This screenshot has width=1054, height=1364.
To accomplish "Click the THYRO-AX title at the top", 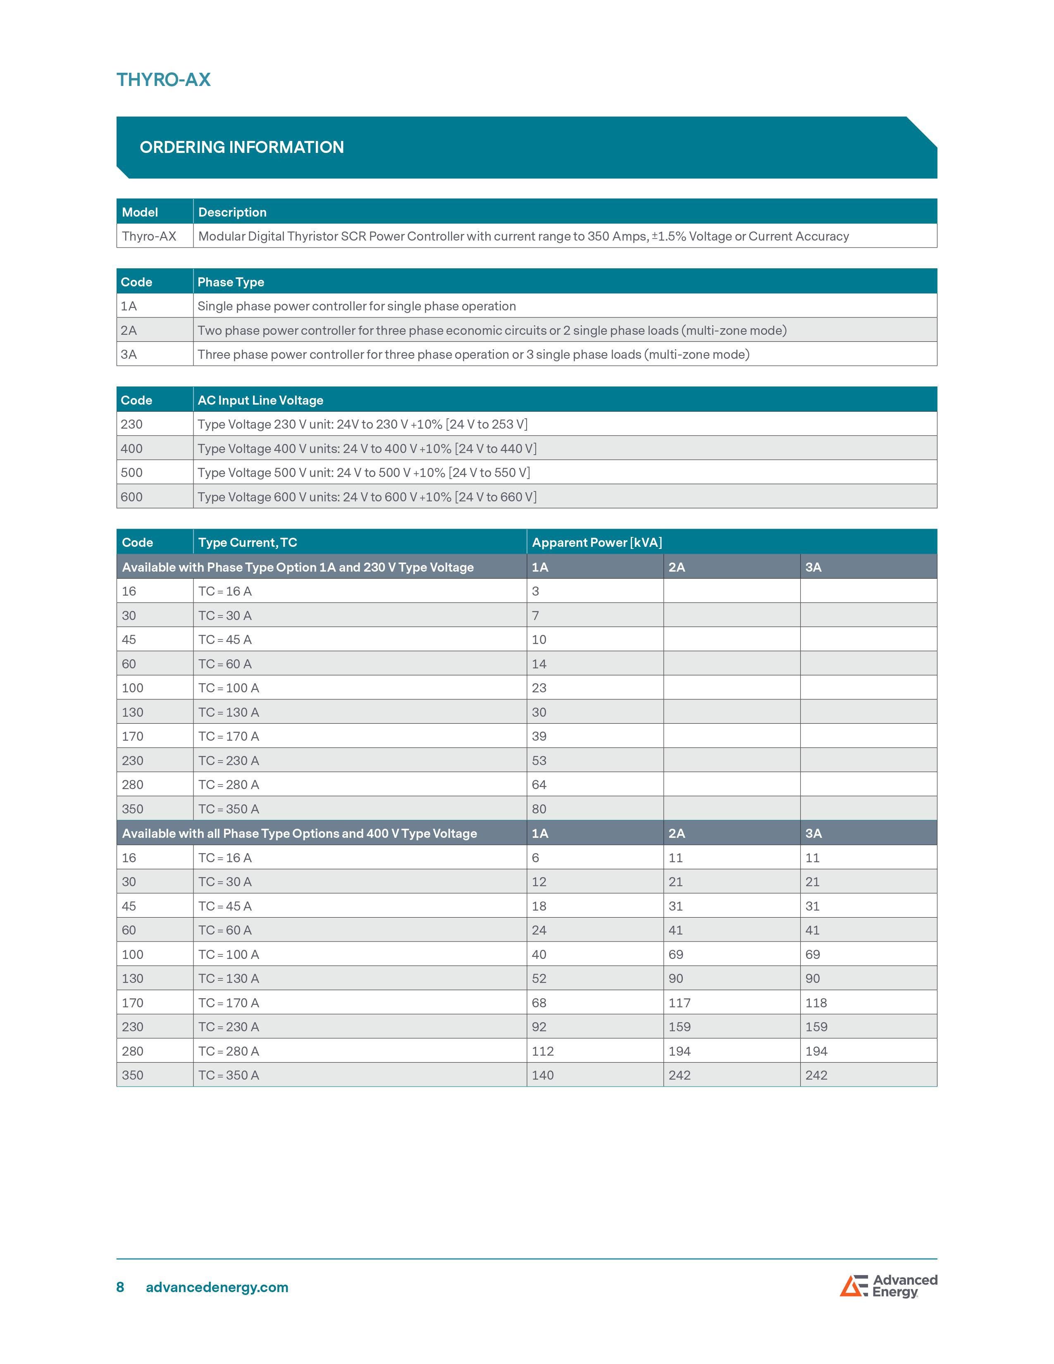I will click(x=164, y=80).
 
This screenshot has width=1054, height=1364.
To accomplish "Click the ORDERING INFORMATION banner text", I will click(x=242, y=148).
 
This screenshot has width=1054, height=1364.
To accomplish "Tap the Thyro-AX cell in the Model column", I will click(x=149, y=236).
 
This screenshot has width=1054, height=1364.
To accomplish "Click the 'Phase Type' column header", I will click(x=230, y=282).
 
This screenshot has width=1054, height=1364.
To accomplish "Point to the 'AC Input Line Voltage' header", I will click(x=260, y=401).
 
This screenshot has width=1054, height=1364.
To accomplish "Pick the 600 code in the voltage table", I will click(x=132, y=497).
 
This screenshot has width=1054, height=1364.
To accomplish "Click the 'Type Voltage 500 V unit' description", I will click(x=363, y=473).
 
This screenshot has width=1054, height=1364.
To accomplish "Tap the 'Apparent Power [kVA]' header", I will click(x=596, y=543).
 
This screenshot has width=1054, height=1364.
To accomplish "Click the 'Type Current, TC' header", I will click(x=247, y=543).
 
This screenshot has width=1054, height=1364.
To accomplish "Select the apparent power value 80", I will click(x=539, y=809).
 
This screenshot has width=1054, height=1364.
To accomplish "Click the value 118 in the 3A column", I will click(x=816, y=1003).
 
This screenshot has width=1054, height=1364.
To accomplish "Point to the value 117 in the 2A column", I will click(x=680, y=1003).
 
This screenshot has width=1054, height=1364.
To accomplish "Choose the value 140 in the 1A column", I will click(x=543, y=1075).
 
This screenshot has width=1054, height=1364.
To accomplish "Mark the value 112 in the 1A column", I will click(x=543, y=1052).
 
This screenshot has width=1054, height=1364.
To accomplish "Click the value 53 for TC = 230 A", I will click(x=539, y=761).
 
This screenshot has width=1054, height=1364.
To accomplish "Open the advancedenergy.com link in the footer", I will click(x=217, y=1287).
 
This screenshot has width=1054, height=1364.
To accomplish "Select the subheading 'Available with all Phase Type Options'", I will click(x=299, y=834).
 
